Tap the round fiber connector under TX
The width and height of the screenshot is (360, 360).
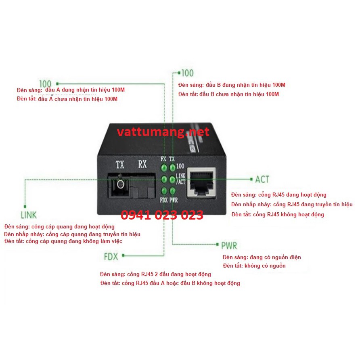pos(119,185)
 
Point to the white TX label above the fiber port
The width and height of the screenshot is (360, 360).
pos(120,164)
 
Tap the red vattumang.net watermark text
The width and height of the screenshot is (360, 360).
pos(163,132)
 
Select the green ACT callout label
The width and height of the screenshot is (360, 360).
pos(262,179)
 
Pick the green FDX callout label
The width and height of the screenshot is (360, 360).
pos(111,256)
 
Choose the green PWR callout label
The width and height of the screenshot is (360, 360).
pos(229,245)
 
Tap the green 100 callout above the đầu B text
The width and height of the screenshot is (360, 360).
pos(187,73)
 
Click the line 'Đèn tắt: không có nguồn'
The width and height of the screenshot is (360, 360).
pos(254,266)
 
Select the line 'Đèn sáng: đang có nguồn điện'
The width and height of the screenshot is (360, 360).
pos(262,257)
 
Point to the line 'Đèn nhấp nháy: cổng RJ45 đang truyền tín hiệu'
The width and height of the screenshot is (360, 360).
pos(292,204)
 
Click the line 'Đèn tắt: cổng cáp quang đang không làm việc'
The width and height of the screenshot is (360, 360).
pos(63,241)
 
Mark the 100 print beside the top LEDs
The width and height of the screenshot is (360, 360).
pos(180,166)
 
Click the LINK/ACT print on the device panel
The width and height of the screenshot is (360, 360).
pos(181,179)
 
